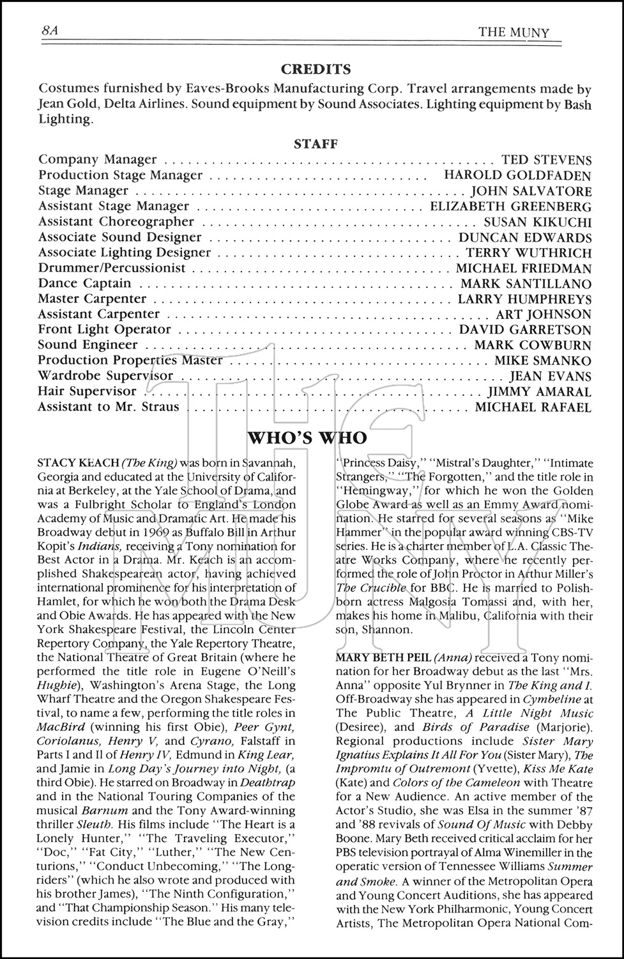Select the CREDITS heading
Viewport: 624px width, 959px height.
pyautogui.click(x=316, y=69)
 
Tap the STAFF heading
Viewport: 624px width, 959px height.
pyautogui.click(x=316, y=144)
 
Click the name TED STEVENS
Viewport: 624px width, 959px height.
pyautogui.click(x=547, y=160)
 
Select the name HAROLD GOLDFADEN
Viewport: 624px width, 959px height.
pyautogui.click(x=517, y=175)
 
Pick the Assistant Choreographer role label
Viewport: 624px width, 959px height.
pyautogui.click(x=116, y=222)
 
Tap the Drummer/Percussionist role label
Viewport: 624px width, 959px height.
pyautogui.click(x=112, y=268)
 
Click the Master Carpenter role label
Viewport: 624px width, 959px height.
pyautogui.click(x=92, y=299)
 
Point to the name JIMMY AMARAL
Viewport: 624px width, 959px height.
pyautogui.click(x=540, y=392)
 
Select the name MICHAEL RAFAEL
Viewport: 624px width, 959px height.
pyautogui.click(x=533, y=407)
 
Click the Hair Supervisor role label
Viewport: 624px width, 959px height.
pyautogui.click(x=87, y=391)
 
